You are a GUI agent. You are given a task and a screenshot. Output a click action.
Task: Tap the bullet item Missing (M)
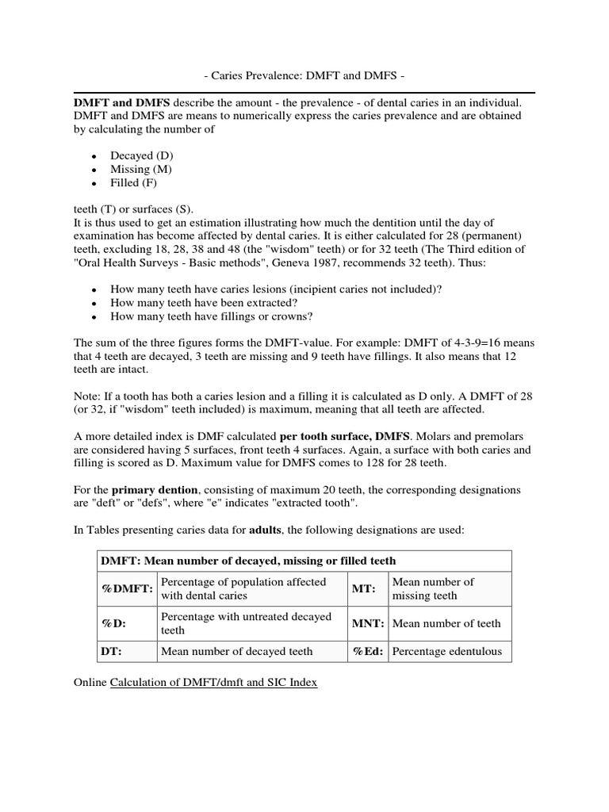141,169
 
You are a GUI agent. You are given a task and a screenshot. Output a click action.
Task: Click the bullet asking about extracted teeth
204,303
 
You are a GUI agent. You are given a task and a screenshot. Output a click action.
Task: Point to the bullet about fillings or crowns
211,316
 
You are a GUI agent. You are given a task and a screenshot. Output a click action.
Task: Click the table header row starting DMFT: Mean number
247,561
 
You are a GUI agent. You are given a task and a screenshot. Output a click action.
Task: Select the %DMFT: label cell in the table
126,588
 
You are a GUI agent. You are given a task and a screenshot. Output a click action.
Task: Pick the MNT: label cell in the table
368,623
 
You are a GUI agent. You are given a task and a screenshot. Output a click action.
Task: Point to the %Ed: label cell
368,652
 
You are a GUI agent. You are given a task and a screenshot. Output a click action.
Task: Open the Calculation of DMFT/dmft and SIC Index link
213,682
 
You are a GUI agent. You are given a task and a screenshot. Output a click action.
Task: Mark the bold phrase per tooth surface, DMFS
344,437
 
